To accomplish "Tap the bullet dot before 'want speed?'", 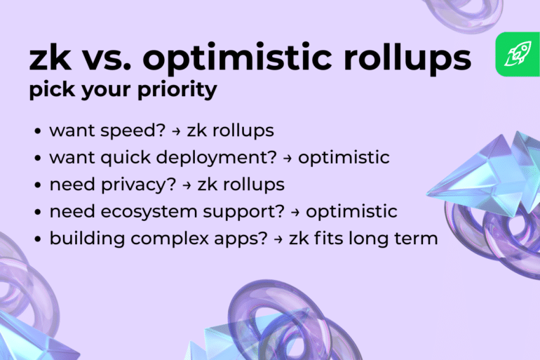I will point(36,131).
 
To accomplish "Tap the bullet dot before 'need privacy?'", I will point(36,185).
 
